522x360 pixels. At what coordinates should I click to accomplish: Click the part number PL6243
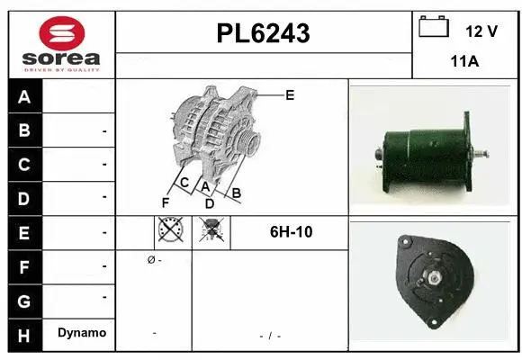pyautogui.click(x=264, y=33)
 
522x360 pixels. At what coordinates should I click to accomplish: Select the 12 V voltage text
pyautogui.click(x=481, y=31)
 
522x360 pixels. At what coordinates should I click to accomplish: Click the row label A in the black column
pyautogui.click(x=24, y=97)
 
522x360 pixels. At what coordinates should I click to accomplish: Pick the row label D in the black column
pyautogui.click(x=24, y=198)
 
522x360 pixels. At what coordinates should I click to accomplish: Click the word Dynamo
pyautogui.click(x=81, y=333)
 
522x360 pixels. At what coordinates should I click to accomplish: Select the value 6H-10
pyautogui.click(x=291, y=232)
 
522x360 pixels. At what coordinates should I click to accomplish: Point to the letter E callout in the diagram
pyautogui.click(x=289, y=94)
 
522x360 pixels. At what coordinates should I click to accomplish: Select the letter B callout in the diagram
pyautogui.click(x=237, y=192)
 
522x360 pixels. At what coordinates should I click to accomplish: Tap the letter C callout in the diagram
pyautogui.click(x=184, y=183)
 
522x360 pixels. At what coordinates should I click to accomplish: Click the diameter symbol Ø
pyautogui.click(x=149, y=260)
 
